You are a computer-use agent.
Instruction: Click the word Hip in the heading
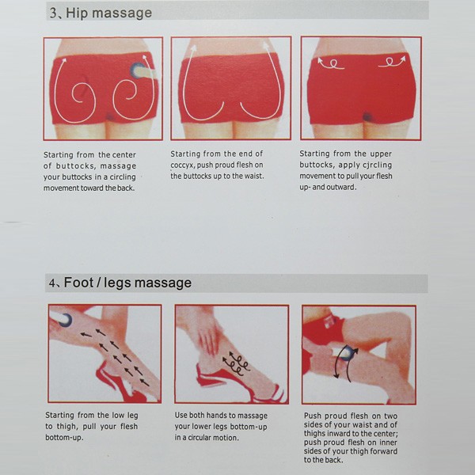pyautogui.click(x=76, y=13)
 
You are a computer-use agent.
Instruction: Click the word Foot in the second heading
pyautogui.click(x=78, y=283)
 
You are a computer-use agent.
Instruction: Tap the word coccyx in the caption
pyautogui.click(x=182, y=165)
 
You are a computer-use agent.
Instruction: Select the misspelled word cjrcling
pyautogui.click(x=379, y=165)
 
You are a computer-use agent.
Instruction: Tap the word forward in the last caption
pyautogui.click(x=383, y=451)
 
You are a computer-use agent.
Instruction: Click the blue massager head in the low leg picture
pyautogui.click(x=66, y=320)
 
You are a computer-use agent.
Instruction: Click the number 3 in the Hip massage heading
pyautogui.click(x=53, y=13)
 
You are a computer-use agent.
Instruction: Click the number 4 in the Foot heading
pyautogui.click(x=52, y=283)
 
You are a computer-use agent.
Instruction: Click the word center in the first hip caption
pyautogui.click(x=124, y=155)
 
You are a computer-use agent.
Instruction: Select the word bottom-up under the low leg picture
pyautogui.click(x=64, y=438)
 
